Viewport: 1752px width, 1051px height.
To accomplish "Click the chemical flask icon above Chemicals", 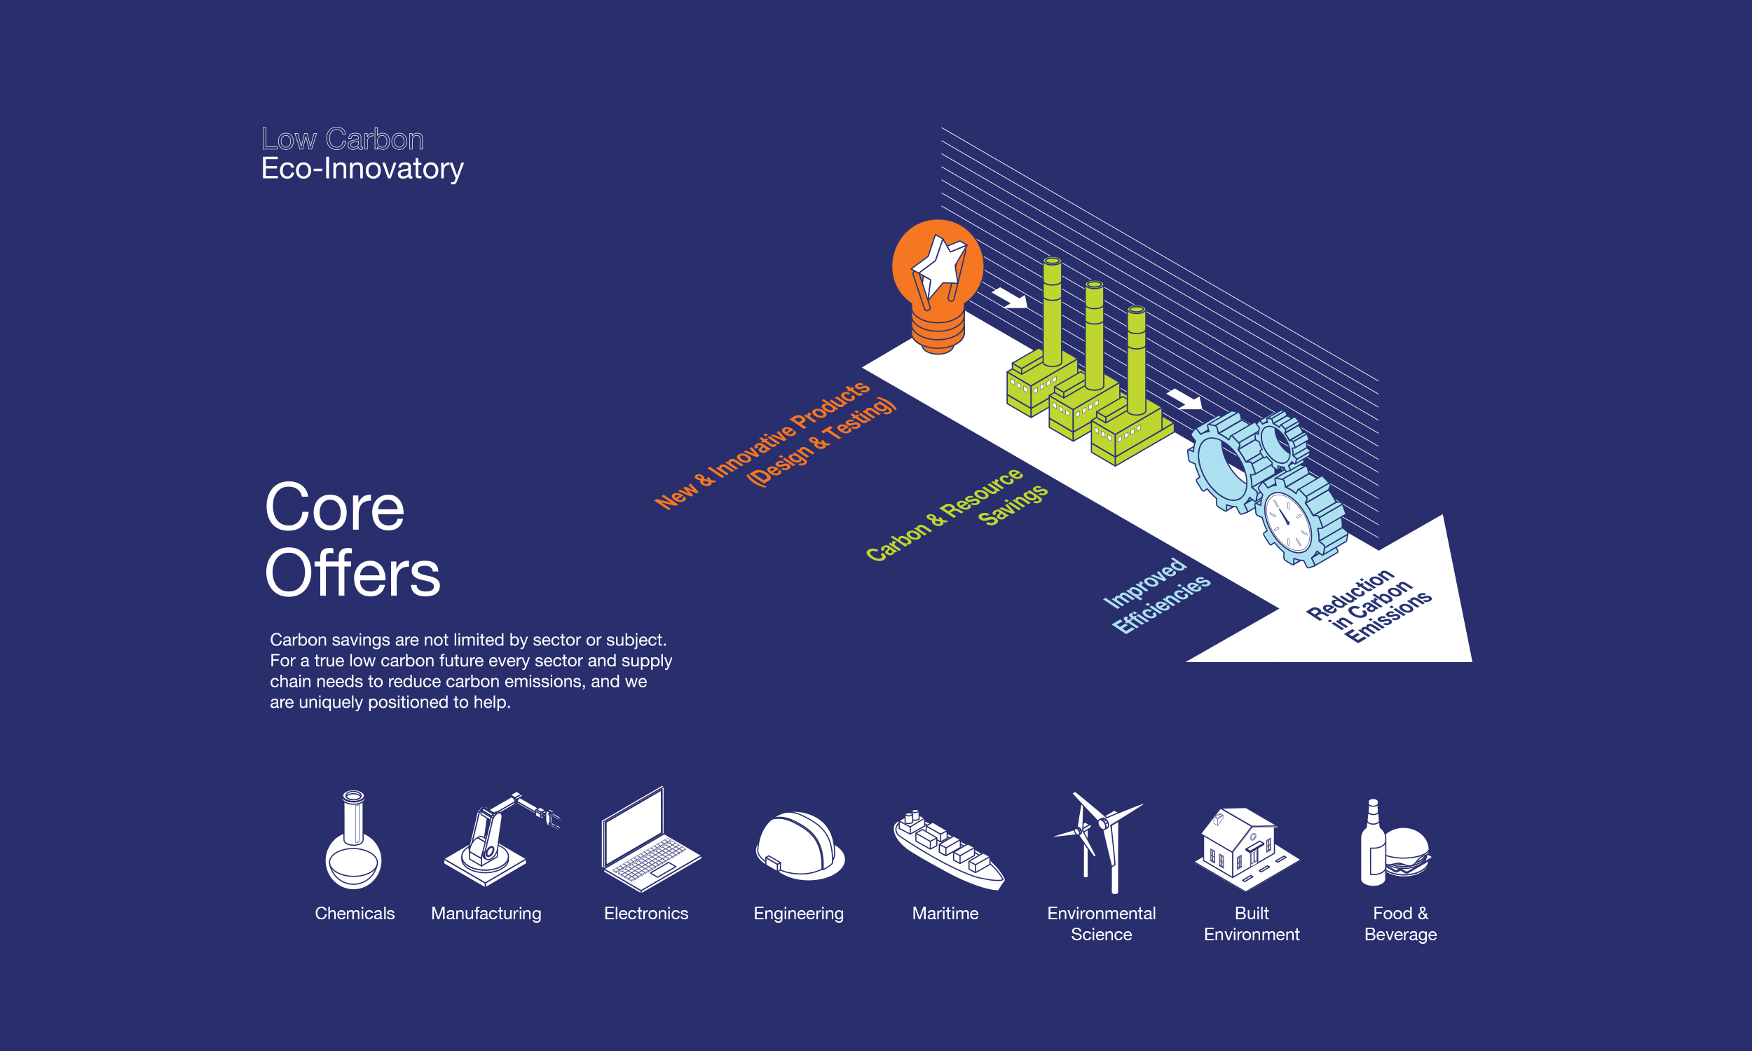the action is coord(353,839).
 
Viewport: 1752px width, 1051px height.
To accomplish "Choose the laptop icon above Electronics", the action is coord(651,839).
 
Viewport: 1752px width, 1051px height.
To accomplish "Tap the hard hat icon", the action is coord(800,846).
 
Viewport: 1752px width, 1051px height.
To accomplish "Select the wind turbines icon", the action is coord(1098,843).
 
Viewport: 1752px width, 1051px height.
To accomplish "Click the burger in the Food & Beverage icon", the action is coord(1407,852).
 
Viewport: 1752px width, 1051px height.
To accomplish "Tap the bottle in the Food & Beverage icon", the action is coord(1373,842).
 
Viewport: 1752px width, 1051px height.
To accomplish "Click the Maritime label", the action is coord(945,914).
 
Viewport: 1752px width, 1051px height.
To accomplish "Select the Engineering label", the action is coord(799,914).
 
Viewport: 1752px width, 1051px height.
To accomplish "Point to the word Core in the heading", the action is coord(334,507).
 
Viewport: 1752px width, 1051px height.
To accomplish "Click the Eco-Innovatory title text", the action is coord(362,170).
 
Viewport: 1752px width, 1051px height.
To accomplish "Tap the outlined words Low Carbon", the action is coord(343,139).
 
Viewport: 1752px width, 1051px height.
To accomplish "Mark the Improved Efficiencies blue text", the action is coord(1157,595).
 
